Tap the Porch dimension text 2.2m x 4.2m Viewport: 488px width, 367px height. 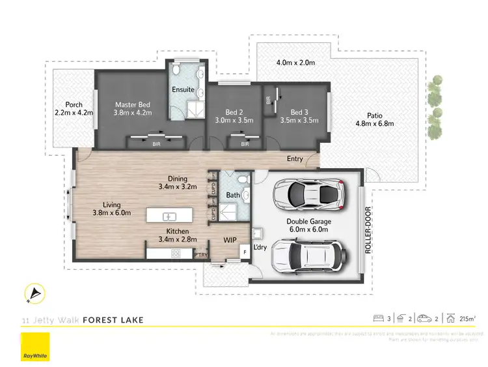pyautogui.click(x=74, y=113)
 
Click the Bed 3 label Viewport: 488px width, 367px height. pyautogui.click(x=300, y=111)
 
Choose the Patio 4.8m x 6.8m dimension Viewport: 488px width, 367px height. pyautogui.click(x=375, y=124)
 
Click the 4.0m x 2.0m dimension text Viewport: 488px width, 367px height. pyautogui.click(x=295, y=63)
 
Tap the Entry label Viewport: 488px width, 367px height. pyautogui.click(x=295, y=158)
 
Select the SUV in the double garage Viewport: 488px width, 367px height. pyautogui.click(x=304, y=256)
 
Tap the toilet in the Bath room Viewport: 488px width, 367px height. pyautogui.click(x=240, y=180)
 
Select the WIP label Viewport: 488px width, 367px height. pyautogui.click(x=231, y=240)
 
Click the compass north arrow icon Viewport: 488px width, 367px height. pyautogui.click(x=32, y=295)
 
